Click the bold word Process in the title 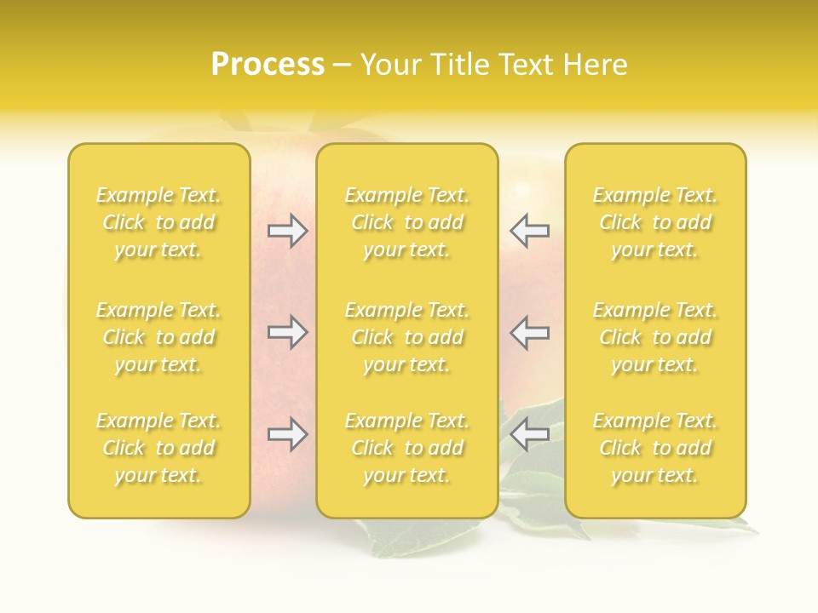pos(268,65)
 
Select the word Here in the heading pos(592,65)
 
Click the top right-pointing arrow pos(287,231)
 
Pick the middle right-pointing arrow pos(287,333)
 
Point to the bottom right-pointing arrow pos(287,435)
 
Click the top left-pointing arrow pos(529,231)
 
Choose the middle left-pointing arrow pos(529,333)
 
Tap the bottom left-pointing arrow pos(529,435)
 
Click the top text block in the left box pos(158,222)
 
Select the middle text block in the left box pos(158,337)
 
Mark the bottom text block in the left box pos(158,448)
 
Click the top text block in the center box pos(406,222)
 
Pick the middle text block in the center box pos(406,337)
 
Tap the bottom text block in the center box pos(406,448)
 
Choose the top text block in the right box pos(654,222)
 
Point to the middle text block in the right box pos(654,337)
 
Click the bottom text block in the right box pos(654,448)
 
